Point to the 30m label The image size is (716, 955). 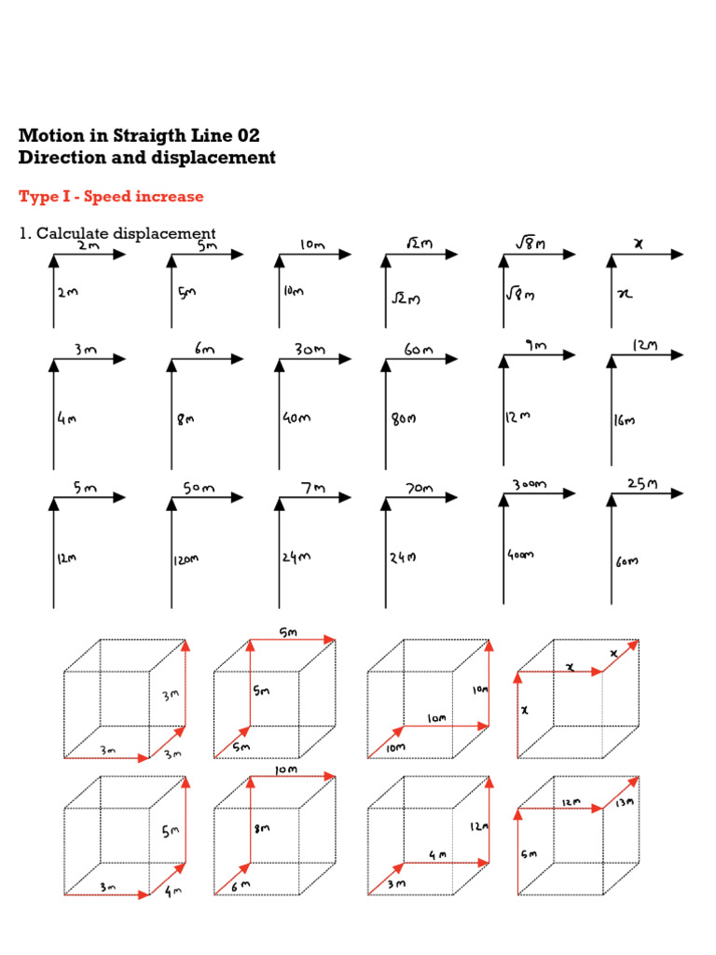pos(310,350)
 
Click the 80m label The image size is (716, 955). pos(403,419)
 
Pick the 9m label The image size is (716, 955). pos(535,345)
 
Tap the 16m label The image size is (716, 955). pos(624,421)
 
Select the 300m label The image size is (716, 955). pos(529,485)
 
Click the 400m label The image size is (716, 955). pos(520,554)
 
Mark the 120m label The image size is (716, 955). pos(184,560)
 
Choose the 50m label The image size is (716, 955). pos(198,488)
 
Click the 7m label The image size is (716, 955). pos(311,488)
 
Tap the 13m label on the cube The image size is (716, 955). pos(624,802)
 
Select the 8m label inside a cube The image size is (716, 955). pos(265,827)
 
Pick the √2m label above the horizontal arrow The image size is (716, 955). pos(420,243)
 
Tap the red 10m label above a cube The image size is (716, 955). pos(285,769)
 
